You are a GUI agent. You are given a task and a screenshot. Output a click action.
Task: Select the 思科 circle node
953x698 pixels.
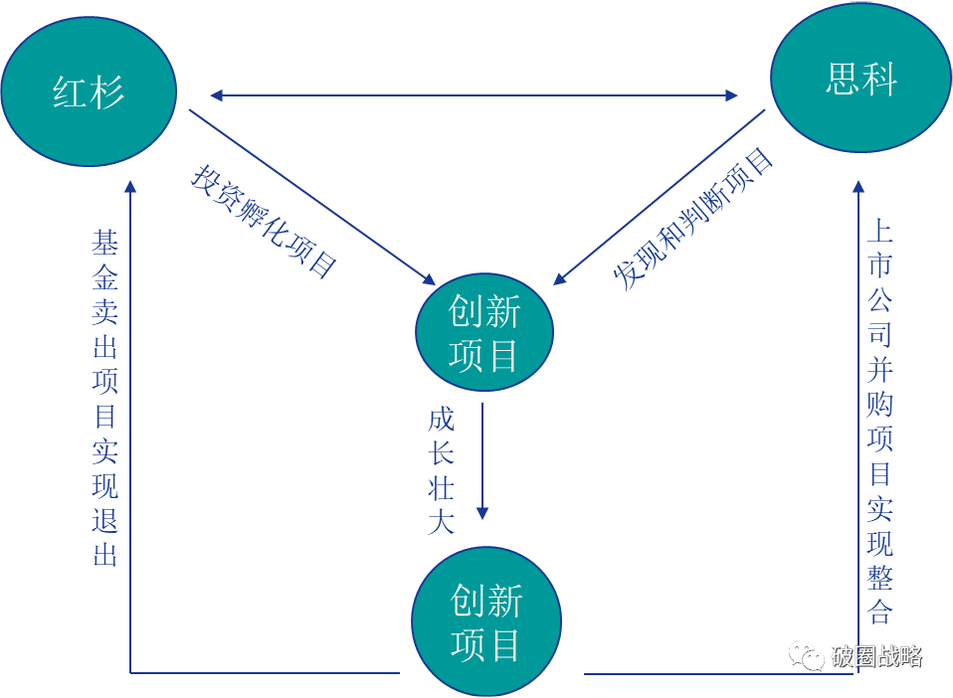860,79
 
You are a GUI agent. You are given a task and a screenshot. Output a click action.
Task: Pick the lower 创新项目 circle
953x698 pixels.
486,621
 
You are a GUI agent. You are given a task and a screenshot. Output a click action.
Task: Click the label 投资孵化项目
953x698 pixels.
265,221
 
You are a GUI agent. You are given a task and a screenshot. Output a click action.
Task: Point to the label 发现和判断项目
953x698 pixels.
693,219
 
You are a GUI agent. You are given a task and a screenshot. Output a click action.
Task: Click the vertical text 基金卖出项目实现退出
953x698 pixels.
105,398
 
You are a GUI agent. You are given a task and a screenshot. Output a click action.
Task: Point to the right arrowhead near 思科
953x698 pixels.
732,95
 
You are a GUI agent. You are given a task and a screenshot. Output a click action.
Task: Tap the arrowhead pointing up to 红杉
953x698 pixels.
130,185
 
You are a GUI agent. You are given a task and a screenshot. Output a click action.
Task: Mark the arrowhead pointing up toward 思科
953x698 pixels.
858,185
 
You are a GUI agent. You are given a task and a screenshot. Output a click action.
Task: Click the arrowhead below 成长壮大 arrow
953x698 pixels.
482,512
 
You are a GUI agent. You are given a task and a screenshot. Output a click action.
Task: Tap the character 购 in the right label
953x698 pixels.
879,403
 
